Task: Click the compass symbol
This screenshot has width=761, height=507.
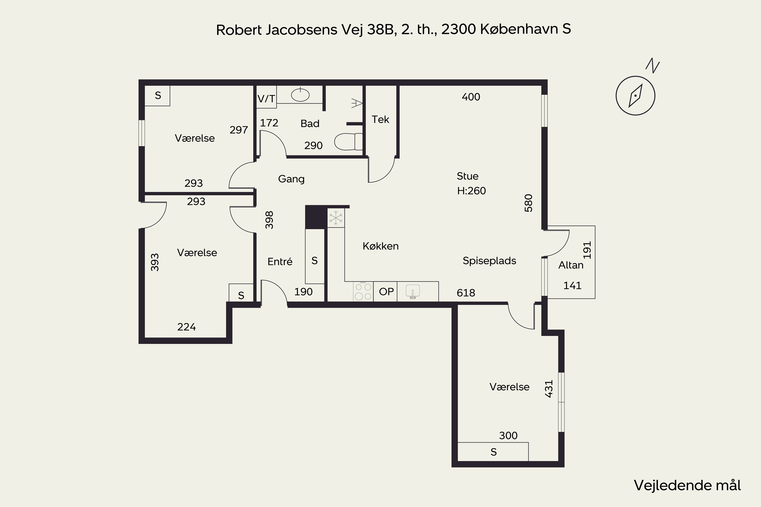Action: (635, 96)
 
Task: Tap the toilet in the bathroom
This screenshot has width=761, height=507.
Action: (349, 142)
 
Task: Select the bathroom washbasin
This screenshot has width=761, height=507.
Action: (300, 95)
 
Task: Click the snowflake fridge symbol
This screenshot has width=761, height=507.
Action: (336, 218)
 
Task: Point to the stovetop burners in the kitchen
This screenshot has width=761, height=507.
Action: (363, 291)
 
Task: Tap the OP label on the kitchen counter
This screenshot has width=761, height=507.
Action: (386, 292)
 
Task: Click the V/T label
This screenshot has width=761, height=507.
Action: (266, 99)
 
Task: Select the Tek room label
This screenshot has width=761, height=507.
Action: (380, 119)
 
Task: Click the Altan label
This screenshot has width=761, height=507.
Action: (571, 265)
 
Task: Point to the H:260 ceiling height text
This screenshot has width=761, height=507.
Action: (471, 191)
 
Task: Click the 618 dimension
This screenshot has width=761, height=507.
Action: (466, 293)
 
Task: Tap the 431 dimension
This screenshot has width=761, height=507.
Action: (549, 389)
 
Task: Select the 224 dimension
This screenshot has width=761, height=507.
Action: (187, 327)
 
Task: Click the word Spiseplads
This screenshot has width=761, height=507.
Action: (489, 261)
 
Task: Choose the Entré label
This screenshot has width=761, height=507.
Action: (280, 261)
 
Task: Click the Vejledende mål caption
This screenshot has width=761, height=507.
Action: (687, 485)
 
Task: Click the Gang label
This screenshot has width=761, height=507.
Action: (291, 179)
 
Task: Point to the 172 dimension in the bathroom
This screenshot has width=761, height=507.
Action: (269, 123)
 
